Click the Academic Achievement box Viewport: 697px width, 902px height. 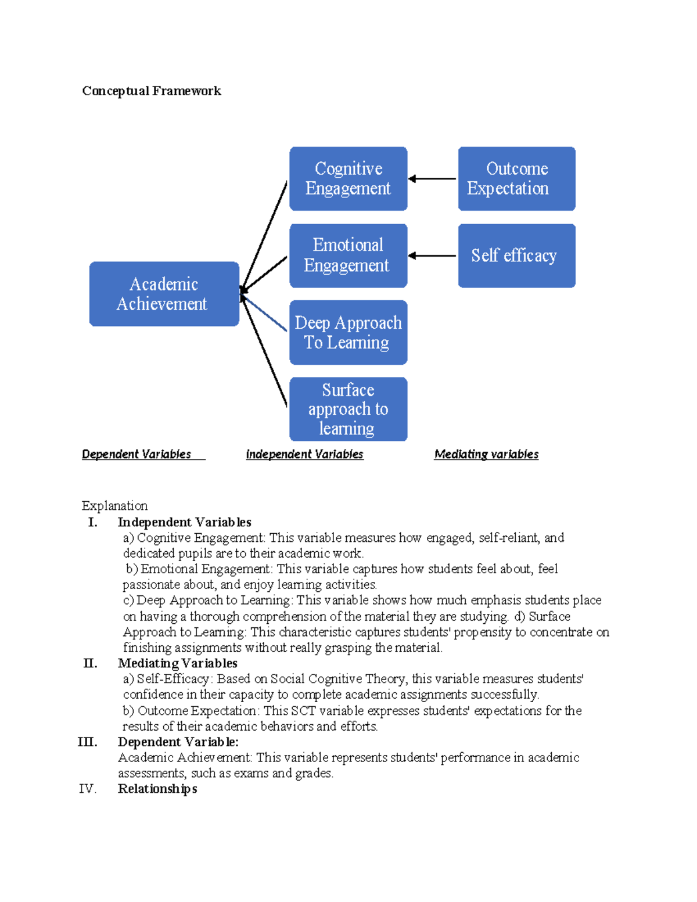tap(164, 294)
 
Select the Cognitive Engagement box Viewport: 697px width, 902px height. tap(348, 178)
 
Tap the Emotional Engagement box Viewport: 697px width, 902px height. tap(348, 256)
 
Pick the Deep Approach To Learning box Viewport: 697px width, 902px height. tap(348, 332)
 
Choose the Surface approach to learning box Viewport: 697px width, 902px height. tap(348, 409)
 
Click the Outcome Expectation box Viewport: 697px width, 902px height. tap(516, 178)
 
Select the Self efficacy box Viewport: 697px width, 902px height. tap(516, 256)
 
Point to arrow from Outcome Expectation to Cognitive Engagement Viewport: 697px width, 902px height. tap(432, 179)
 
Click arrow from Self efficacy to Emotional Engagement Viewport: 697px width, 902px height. tap(432, 256)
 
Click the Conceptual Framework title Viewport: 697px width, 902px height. tap(152, 91)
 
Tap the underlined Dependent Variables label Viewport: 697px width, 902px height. tap(136, 454)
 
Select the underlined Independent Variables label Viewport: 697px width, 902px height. tap(304, 454)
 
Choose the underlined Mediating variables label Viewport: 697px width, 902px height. tap(486, 454)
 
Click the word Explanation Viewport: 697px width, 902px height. tap(114, 505)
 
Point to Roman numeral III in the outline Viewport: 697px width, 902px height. tap(88, 742)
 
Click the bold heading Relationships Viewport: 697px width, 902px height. tap(157, 789)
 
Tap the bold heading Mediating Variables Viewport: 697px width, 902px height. tap(177, 663)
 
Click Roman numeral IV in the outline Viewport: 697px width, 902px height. tap(87, 789)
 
